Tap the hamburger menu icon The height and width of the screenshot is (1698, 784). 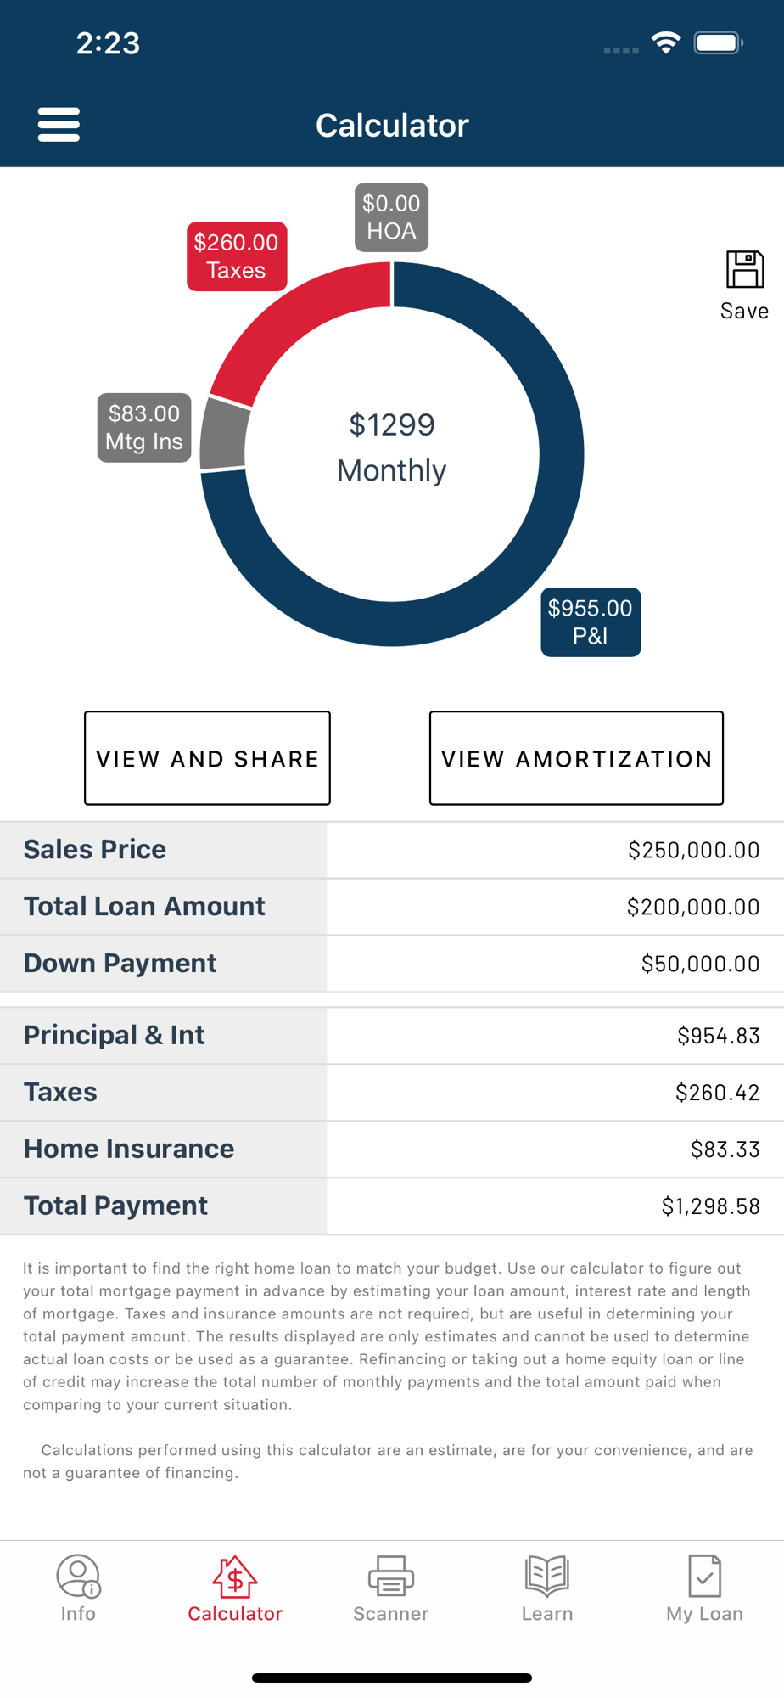pyautogui.click(x=59, y=125)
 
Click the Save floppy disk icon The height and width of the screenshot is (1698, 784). pyautogui.click(x=745, y=269)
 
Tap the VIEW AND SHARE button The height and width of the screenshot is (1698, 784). pyautogui.click(x=207, y=758)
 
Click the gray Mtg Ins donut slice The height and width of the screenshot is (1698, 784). pyautogui.click(x=225, y=435)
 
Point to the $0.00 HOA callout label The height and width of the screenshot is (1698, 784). pyautogui.click(x=391, y=217)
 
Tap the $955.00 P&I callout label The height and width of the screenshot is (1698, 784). pyautogui.click(x=591, y=622)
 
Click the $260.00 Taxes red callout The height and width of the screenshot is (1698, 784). pyautogui.click(x=237, y=256)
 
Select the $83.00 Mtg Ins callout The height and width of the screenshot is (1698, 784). pyautogui.click(x=144, y=428)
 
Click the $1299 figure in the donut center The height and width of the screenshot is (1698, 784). pyautogui.click(x=392, y=424)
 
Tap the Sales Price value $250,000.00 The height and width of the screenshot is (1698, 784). pyautogui.click(x=693, y=850)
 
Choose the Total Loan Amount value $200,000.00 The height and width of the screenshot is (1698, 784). pyautogui.click(x=693, y=907)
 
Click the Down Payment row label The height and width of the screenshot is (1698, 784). pyautogui.click(x=120, y=963)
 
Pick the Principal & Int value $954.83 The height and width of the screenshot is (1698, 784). pyautogui.click(x=718, y=1036)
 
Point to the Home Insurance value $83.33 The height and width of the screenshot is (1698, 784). pyautogui.click(x=725, y=1150)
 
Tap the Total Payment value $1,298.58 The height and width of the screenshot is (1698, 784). pyautogui.click(x=710, y=1206)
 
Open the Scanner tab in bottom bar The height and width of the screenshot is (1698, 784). pyautogui.click(x=391, y=1588)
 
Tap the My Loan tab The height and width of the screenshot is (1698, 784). pyautogui.click(x=704, y=1588)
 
